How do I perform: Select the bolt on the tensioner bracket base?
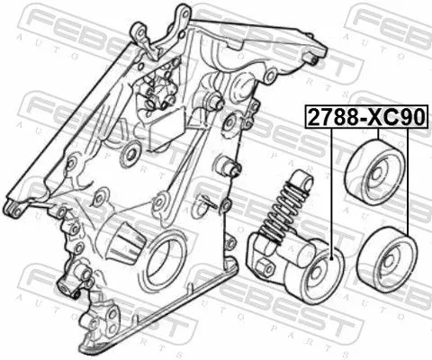pyautogui.click(x=266, y=266)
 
